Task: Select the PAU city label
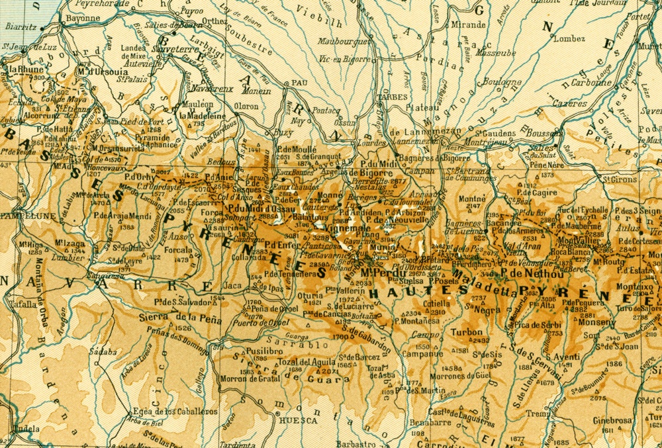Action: click(x=299, y=83)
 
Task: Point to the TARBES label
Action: click(x=391, y=97)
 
